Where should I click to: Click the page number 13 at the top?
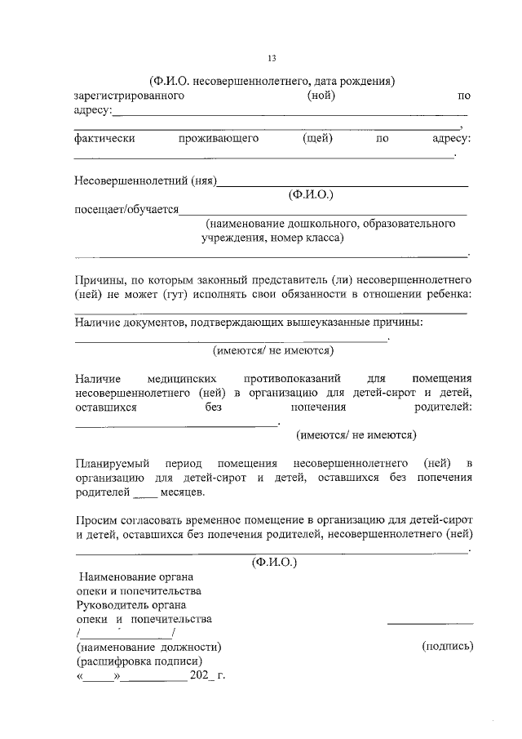272,57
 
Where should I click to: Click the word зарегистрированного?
129,96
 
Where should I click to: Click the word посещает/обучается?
126,209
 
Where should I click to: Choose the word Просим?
94,520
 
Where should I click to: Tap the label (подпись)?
447,646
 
